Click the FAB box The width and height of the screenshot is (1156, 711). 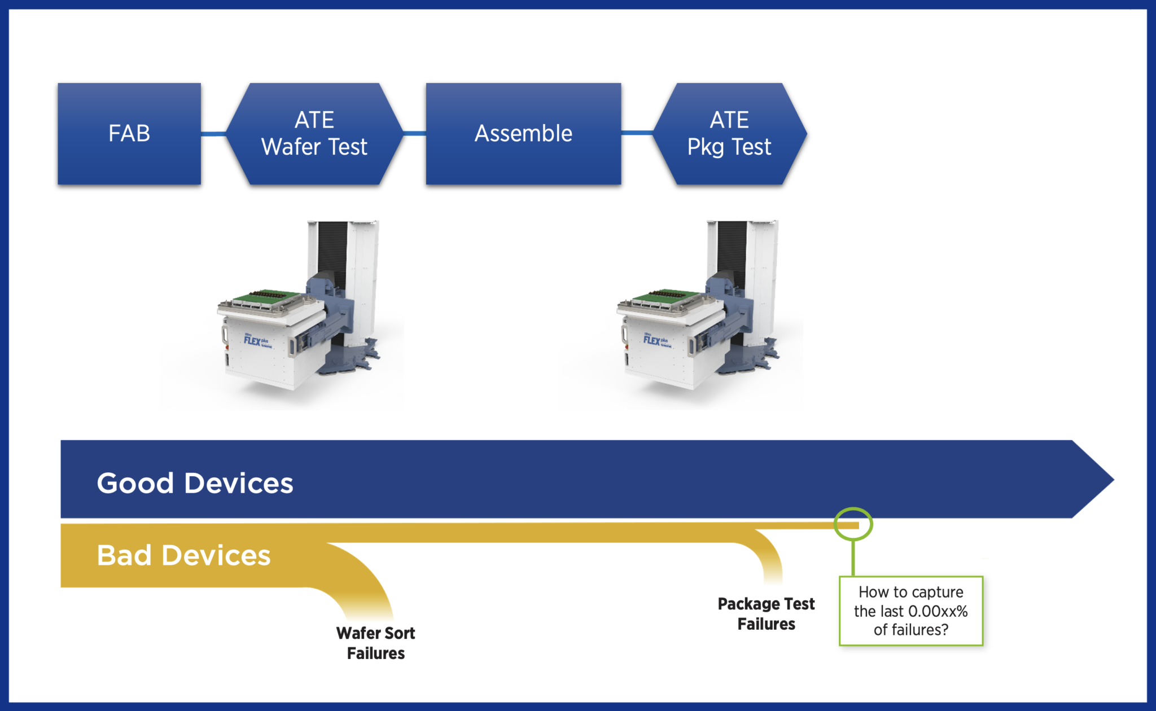(x=129, y=134)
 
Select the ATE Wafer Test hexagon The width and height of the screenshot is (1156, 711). (x=314, y=134)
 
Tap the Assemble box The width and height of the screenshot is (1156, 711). (x=523, y=134)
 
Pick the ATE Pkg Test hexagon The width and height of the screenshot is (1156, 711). (x=729, y=134)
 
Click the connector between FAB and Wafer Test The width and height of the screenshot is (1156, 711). (x=214, y=134)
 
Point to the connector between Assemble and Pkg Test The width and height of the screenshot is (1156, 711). (x=637, y=133)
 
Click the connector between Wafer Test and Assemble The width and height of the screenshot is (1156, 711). (x=414, y=134)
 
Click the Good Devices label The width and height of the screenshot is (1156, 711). (x=195, y=483)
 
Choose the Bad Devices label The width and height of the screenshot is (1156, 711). (x=183, y=555)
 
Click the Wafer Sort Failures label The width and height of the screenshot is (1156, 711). (x=375, y=643)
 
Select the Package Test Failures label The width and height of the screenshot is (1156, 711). (x=766, y=613)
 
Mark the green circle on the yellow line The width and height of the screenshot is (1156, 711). (x=853, y=524)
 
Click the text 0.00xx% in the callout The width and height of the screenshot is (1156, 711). (x=938, y=611)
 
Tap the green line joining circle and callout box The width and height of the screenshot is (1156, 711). (x=853, y=559)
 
